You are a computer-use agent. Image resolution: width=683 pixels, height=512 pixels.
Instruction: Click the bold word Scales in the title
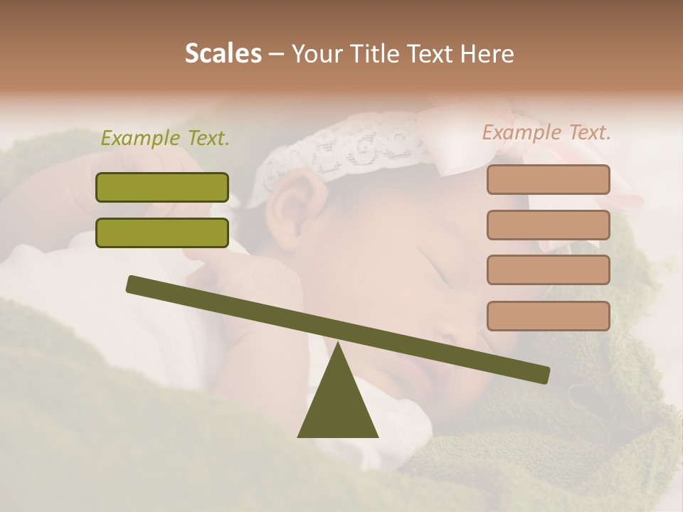(x=223, y=53)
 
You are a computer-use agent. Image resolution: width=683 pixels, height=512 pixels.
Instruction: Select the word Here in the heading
(x=487, y=54)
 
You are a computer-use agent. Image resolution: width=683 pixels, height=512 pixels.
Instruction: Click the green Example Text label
(x=165, y=139)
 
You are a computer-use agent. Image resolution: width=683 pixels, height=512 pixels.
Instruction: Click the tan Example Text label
(x=546, y=132)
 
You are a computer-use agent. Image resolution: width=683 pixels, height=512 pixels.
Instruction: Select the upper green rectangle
(x=162, y=187)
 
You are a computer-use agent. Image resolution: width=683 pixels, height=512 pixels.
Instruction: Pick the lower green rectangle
(x=162, y=233)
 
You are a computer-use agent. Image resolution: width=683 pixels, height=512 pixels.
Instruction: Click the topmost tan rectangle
(x=548, y=179)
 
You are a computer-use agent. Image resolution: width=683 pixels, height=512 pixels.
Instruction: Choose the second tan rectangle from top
(x=548, y=225)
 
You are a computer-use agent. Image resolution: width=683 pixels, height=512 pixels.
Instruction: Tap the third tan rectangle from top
(x=548, y=270)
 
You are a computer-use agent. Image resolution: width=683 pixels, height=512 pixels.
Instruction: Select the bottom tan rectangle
(x=548, y=316)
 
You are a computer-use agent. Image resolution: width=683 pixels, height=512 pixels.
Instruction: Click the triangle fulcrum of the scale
(x=337, y=405)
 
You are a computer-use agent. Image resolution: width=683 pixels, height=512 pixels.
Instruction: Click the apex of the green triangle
(x=337, y=345)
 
